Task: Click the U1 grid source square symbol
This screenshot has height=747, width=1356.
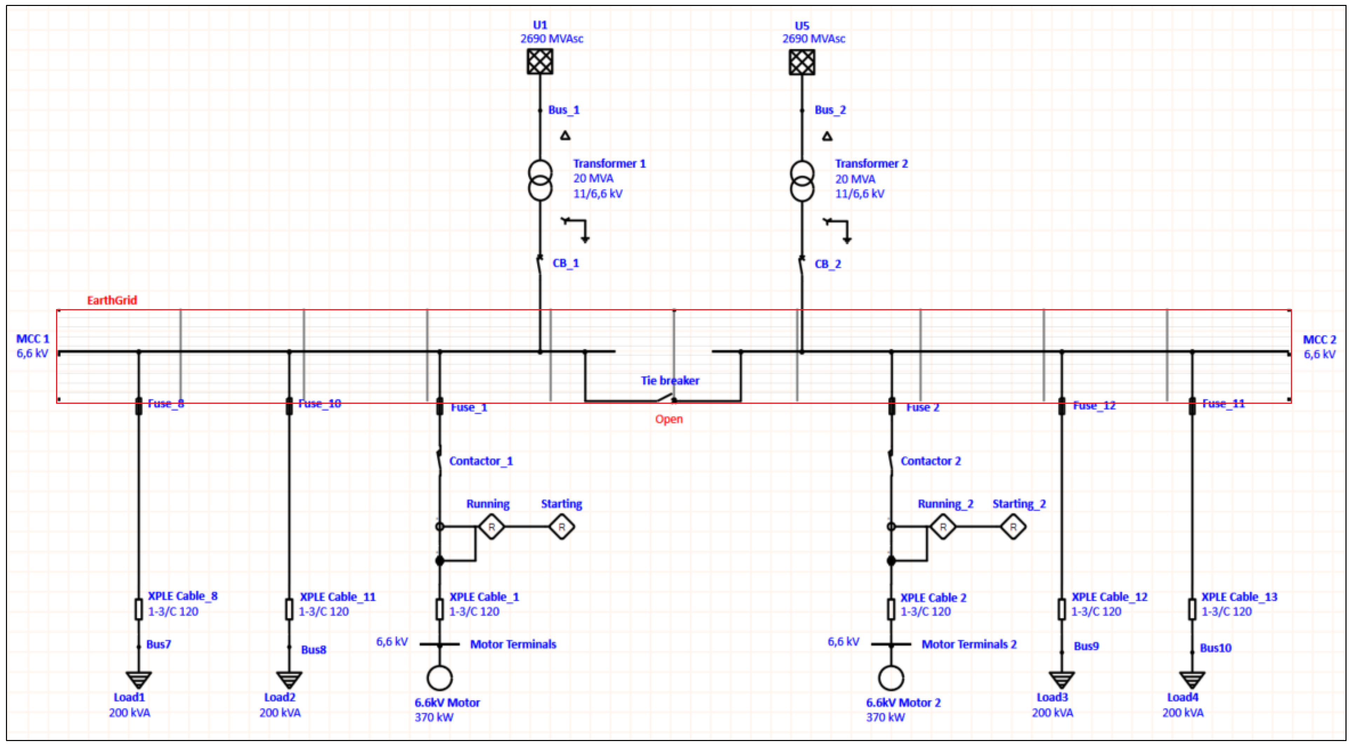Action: coord(540,62)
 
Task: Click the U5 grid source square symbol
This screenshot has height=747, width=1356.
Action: coord(802,62)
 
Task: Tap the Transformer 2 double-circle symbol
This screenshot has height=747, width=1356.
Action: coord(802,181)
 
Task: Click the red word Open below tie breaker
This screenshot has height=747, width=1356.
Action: coord(668,419)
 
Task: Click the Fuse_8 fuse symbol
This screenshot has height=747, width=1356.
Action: coord(139,406)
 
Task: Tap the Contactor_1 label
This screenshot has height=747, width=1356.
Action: coord(481,461)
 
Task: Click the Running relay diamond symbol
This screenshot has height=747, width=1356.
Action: coord(491,526)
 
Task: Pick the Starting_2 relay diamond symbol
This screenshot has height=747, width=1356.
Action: coord(1013,526)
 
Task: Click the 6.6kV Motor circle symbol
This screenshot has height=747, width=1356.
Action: coord(439,678)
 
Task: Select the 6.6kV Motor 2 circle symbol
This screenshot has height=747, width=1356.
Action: coord(891,678)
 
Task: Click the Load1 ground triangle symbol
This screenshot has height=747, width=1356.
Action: coord(139,679)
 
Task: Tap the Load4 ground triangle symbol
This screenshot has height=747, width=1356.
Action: coord(1192,679)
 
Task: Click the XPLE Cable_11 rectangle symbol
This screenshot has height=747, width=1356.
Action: coord(289,609)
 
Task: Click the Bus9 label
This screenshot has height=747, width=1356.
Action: coord(1086,646)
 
